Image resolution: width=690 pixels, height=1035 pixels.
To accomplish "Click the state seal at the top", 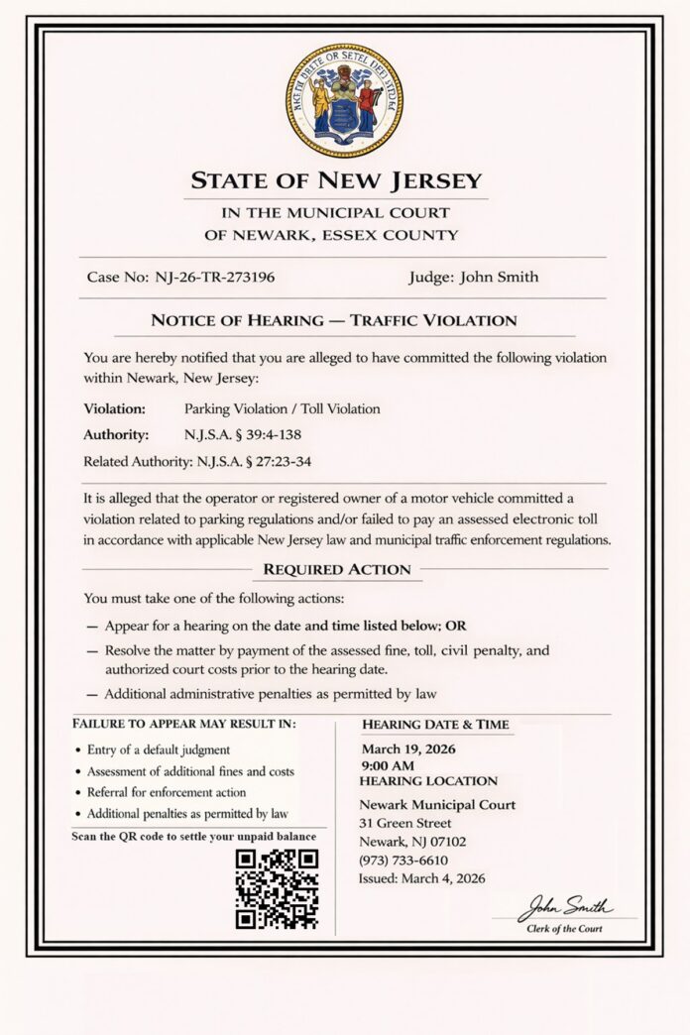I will pyautogui.click(x=344, y=100).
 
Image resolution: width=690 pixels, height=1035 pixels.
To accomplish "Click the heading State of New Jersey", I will pyautogui.click(x=336, y=181).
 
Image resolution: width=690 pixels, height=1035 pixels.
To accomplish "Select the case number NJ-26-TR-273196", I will pyautogui.click(x=215, y=277).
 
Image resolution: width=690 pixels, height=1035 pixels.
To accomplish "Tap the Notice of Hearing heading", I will pyautogui.click(x=333, y=321).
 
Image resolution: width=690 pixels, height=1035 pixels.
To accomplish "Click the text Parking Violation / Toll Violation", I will pyautogui.click(x=282, y=408).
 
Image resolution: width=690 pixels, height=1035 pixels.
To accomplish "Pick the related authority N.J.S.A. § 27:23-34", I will pyautogui.click(x=268, y=461).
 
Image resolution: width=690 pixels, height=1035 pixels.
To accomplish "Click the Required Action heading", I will pyautogui.click(x=336, y=570).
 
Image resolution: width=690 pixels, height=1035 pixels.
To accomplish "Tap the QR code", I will pyautogui.click(x=277, y=888).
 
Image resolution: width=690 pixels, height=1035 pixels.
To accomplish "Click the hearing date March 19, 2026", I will pyautogui.click(x=407, y=748).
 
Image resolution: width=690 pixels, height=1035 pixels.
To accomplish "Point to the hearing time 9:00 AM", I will pyautogui.click(x=389, y=765).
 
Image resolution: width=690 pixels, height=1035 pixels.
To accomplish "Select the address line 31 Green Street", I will pyautogui.click(x=405, y=823).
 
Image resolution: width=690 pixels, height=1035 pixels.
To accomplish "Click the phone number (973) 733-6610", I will pyautogui.click(x=403, y=860).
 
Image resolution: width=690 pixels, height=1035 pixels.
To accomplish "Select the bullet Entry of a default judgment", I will pyautogui.click(x=159, y=749).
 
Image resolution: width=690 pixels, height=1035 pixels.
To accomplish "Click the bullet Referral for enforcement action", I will pyautogui.click(x=167, y=792).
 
